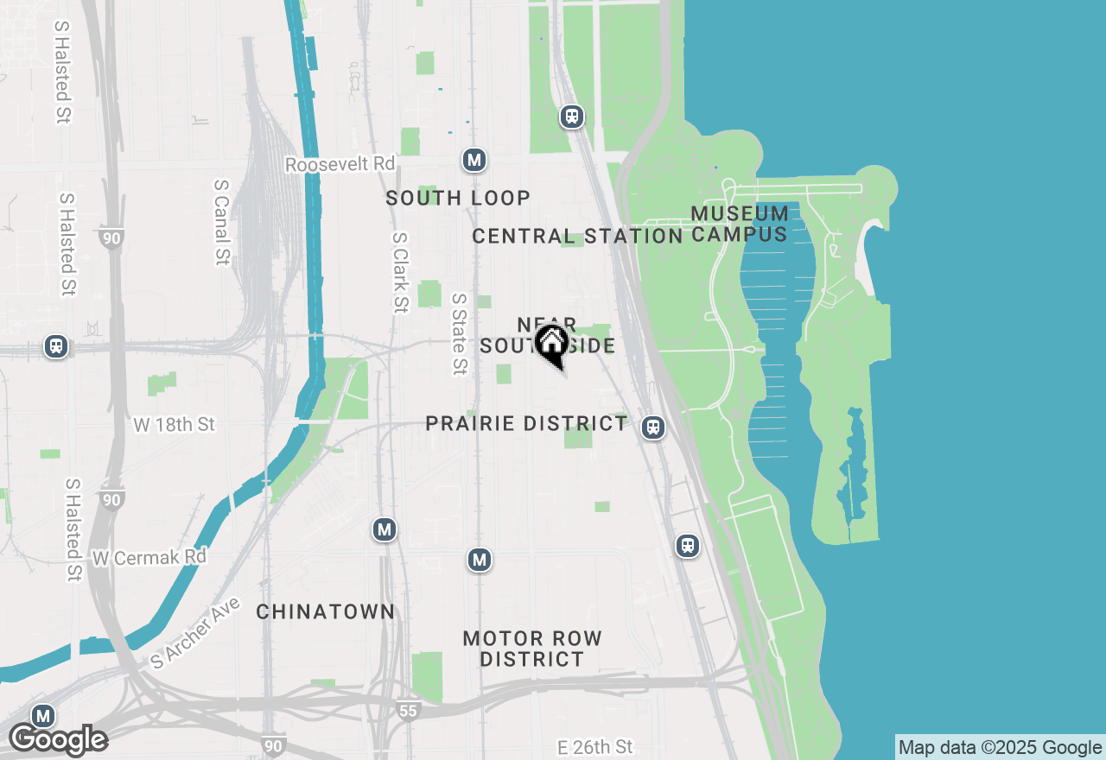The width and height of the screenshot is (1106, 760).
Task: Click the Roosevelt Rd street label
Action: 340,164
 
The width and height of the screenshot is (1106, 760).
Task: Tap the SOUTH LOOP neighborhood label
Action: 458,198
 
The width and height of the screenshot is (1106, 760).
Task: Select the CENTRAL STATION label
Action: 577,236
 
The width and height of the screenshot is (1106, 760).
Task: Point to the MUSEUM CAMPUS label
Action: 740,224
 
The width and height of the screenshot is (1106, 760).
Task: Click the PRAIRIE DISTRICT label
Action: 526,423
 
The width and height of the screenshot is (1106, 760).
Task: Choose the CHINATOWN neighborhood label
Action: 326,611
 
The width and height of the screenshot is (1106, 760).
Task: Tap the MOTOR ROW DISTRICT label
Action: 532,649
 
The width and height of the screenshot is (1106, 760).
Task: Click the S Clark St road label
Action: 399,272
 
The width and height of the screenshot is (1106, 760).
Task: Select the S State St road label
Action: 459,334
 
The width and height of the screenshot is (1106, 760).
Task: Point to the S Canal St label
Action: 222,222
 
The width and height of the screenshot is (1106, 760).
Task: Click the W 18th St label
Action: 175,425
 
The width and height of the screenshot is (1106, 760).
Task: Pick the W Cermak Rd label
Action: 149,558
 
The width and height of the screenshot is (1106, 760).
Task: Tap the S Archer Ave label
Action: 195,632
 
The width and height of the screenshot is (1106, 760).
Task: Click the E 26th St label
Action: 595,746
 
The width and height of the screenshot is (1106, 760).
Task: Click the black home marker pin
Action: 551,344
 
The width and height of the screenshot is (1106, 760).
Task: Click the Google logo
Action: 58,740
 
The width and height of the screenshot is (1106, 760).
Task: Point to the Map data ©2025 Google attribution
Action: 1000,748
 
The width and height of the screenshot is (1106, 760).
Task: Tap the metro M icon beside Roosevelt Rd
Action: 474,160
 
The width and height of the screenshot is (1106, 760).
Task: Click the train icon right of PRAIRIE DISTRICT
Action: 653,427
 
